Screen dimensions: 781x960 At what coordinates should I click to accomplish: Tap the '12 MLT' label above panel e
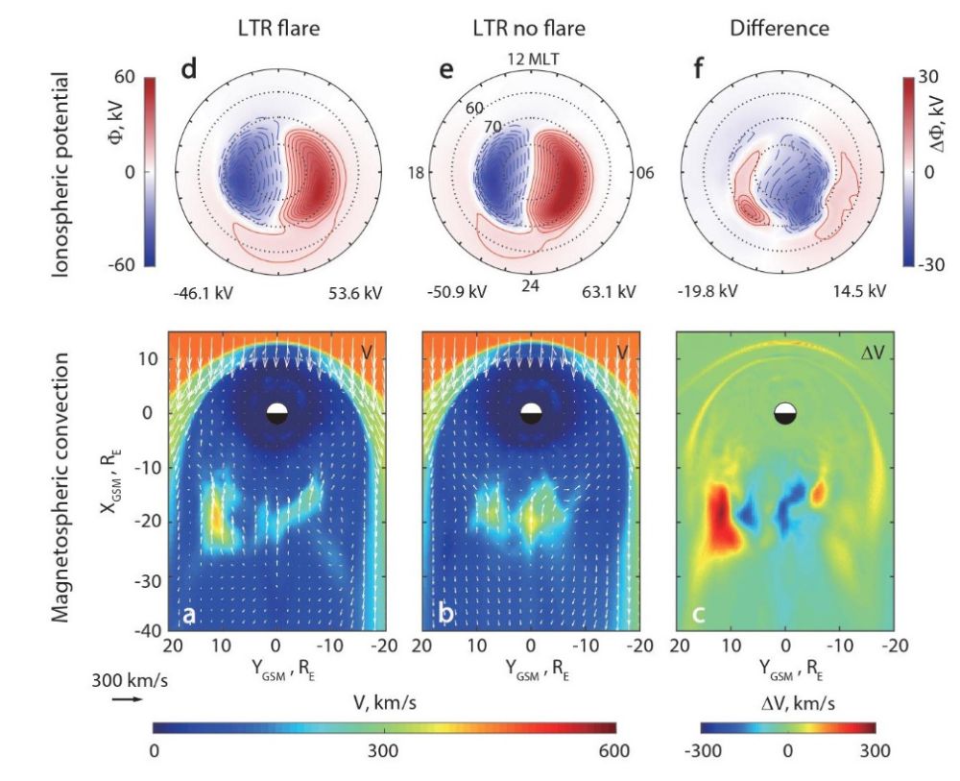tap(530, 61)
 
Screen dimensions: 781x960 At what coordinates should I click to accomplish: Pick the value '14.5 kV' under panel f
tap(863, 292)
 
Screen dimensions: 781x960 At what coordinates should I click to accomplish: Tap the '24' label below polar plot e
tap(530, 286)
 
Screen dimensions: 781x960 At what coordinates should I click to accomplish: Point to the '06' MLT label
tap(646, 173)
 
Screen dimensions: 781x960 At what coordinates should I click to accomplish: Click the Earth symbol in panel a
tap(276, 413)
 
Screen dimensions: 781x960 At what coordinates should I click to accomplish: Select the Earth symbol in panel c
tap(785, 413)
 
